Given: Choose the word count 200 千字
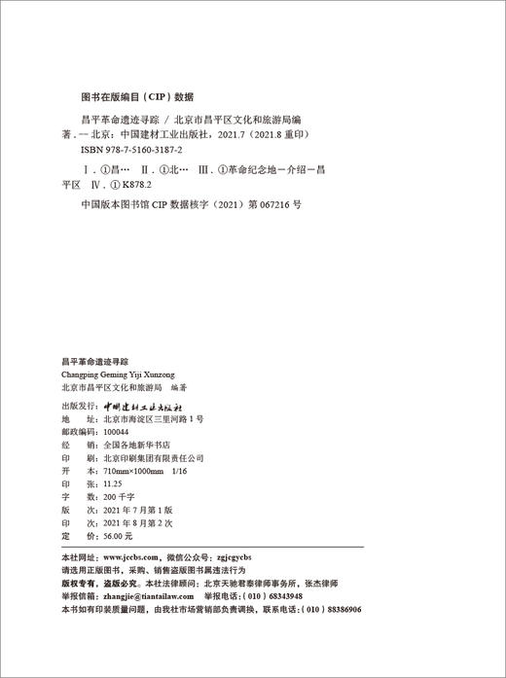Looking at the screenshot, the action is (113, 495).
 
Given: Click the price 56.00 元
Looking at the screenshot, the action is (115, 534).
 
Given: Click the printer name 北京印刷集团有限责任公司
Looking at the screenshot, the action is (149, 455).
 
